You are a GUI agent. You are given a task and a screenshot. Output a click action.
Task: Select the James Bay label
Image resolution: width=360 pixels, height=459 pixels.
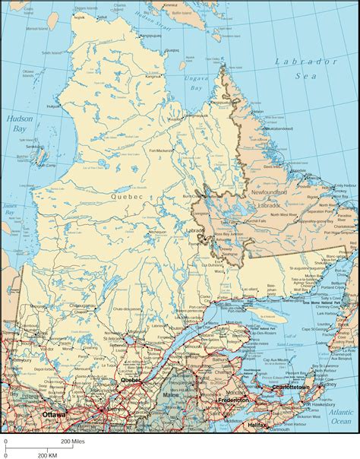[x=10, y=209]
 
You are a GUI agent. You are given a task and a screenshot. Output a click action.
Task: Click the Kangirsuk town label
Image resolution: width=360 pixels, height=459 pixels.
[x=155, y=76]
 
